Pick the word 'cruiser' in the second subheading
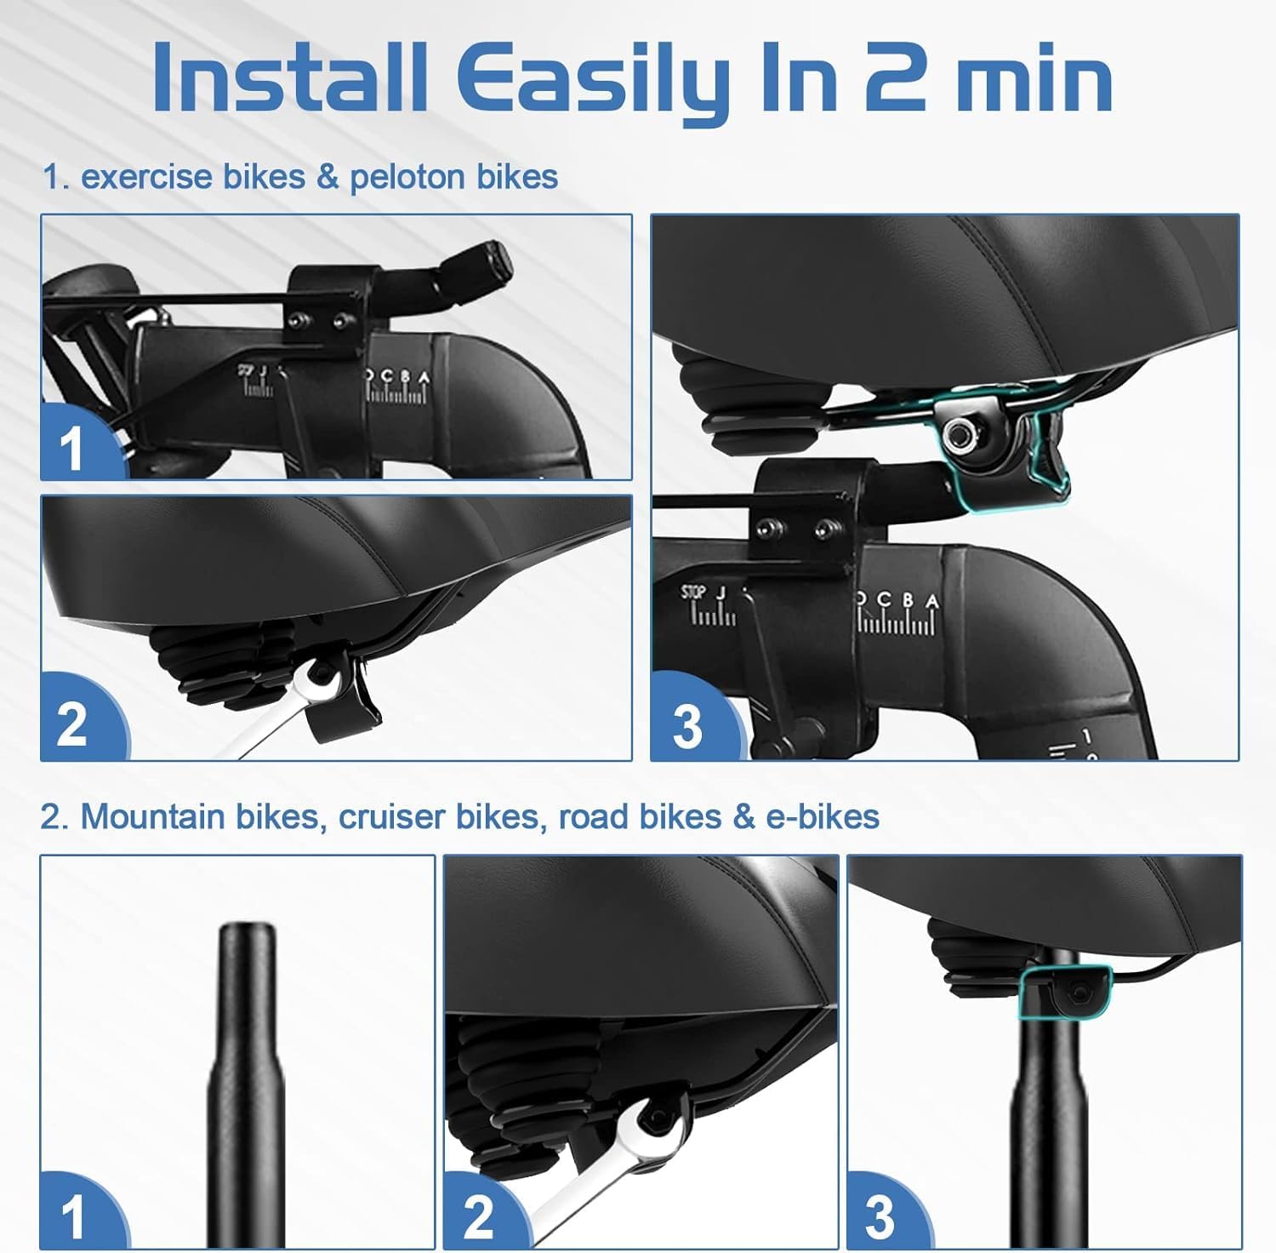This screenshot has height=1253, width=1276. tap(391, 816)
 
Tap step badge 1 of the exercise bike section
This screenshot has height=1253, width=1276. tap(71, 447)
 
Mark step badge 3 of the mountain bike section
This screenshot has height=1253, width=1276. tap(880, 1217)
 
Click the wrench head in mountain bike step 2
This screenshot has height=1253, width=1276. tap(654, 1115)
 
